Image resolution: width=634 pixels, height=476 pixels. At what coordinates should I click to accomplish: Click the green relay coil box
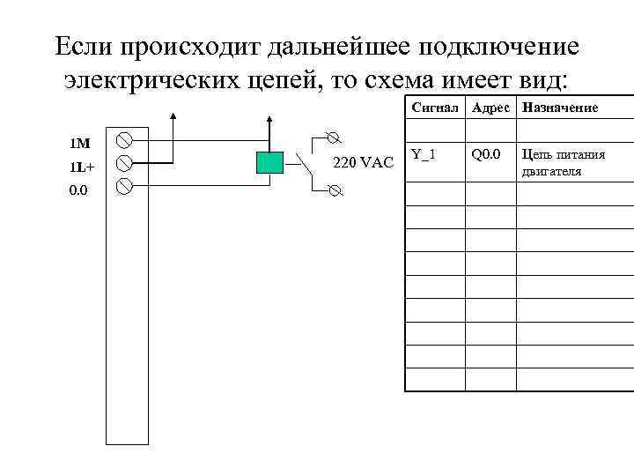pyautogui.click(x=269, y=162)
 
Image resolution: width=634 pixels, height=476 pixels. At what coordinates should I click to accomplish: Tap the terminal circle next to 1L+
pyautogui.click(x=125, y=163)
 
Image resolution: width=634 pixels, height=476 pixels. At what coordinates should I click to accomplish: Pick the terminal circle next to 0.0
pyautogui.click(x=125, y=186)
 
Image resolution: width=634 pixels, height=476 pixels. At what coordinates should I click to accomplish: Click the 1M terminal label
pyautogui.click(x=80, y=143)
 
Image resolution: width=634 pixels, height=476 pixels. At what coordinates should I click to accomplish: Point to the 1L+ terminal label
pyautogui.click(x=83, y=166)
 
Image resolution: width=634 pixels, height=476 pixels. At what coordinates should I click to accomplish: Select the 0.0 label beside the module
pyautogui.click(x=78, y=189)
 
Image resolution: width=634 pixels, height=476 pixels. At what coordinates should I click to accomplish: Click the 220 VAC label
pyautogui.click(x=363, y=162)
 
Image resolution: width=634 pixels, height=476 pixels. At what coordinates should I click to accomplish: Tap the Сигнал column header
pyautogui.click(x=435, y=108)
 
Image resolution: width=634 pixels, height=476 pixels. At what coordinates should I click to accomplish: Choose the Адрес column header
pyautogui.click(x=490, y=108)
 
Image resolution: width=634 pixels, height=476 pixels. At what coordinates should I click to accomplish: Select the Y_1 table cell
pyautogui.click(x=424, y=155)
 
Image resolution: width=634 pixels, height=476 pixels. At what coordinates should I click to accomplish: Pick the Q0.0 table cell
pyautogui.click(x=486, y=155)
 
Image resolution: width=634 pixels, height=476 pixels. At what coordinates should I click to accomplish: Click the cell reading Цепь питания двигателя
pyautogui.click(x=563, y=163)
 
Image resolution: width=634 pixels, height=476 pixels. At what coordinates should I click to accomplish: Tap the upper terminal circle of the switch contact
pyautogui.click(x=332, y=137)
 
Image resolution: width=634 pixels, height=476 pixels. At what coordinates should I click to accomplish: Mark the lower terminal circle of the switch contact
pyautogui.click(x=334, y=190)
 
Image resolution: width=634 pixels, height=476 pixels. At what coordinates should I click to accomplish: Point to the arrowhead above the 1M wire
pyautogui.click(x=173, y=115)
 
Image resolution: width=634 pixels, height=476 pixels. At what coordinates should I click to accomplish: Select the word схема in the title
pyautogui.click(x=402, y=80)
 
